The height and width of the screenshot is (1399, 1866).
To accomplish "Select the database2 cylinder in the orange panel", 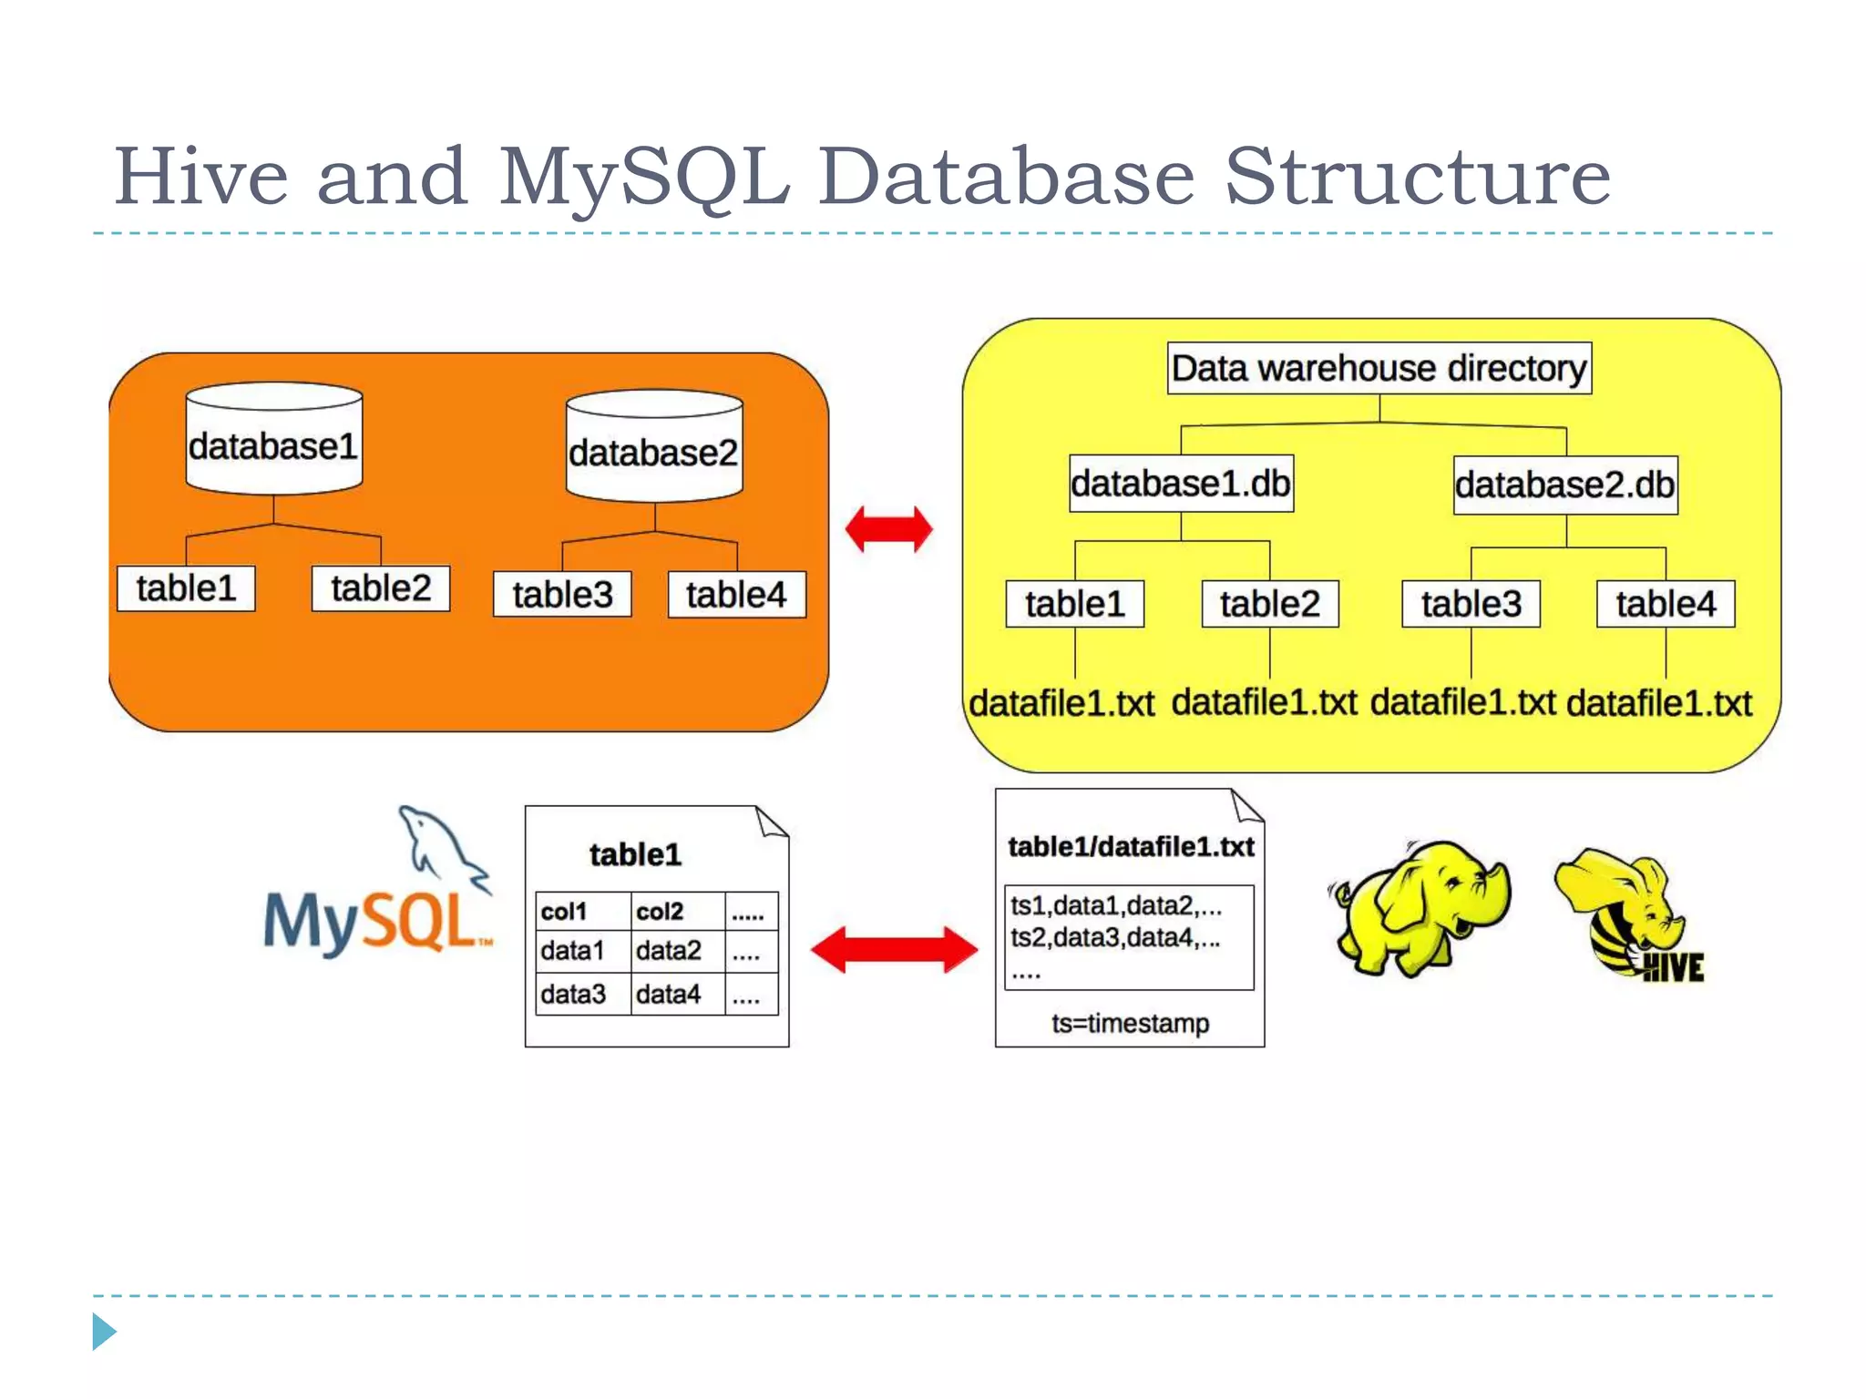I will (x=653, y=447).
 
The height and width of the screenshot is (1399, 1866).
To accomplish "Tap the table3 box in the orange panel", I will (x=561, y=595).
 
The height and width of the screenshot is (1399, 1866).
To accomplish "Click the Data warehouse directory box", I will (x=1379, y=368).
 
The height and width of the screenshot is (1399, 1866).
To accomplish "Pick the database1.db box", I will (x=1180, y=484).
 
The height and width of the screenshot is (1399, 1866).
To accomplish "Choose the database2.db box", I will (x=1564, y=485).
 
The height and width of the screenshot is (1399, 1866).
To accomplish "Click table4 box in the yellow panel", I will (x=1665, y=604).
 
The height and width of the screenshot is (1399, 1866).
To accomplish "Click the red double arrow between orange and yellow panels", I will (x=888, y=529).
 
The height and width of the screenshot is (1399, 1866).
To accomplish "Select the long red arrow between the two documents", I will (x=894, y=950).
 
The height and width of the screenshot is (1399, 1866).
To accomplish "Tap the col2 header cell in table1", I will (x=660, y=911).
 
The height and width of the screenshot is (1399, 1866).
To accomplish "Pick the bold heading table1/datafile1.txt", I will (x=1130, y=847).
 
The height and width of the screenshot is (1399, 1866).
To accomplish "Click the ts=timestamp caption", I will (x=1130, y=1024).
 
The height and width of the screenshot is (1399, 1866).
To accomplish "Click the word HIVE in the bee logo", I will (x=1673, y=967).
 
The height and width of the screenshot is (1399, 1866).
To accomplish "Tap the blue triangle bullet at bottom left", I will (x=104, y=1332).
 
